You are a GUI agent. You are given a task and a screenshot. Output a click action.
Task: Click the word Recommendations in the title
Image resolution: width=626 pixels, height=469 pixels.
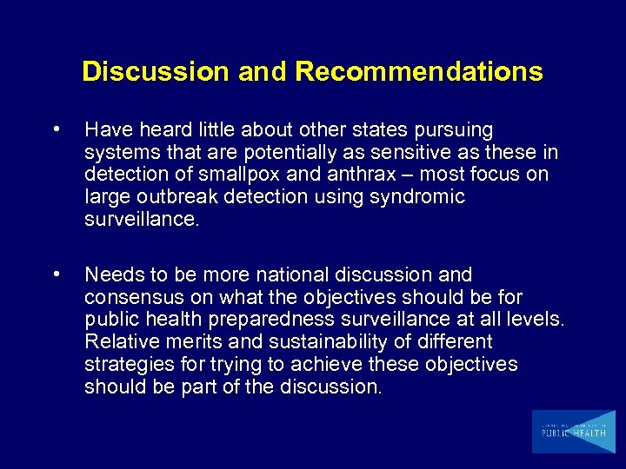(419, 71)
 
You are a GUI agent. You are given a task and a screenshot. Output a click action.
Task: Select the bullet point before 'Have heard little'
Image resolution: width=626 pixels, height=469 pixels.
(57, 129)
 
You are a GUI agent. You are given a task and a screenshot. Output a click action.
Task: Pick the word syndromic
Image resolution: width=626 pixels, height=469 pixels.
(416, 197)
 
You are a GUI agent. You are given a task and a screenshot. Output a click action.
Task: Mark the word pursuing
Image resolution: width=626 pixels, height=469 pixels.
(456, 129)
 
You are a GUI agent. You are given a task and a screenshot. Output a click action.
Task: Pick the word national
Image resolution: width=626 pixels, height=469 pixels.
(278, 275)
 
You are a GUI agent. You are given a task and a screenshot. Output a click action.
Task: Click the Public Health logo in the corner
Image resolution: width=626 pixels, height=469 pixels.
(573, 431)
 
